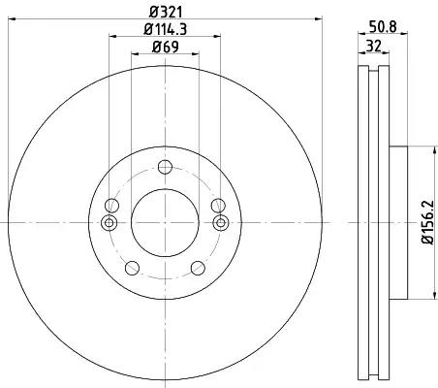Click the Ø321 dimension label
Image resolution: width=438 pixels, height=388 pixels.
[x=166, y=13]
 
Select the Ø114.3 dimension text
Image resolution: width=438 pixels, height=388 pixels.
[x=165, y=29]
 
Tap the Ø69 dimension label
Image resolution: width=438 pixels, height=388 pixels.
[x=165, y=48]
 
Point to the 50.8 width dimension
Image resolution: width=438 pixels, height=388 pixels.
[x=383, y=26]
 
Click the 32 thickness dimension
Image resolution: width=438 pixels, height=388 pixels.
[x=374, y=46]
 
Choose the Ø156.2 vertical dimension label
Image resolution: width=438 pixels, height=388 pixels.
[x=427, y=222]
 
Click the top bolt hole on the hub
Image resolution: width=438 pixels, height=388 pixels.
[x=165, y=167]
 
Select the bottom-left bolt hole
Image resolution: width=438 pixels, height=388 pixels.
[x=132, y=268]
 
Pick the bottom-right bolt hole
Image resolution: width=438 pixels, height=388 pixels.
[x=198, y=268]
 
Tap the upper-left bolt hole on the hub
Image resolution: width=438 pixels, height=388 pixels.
[x=111, y=206]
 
